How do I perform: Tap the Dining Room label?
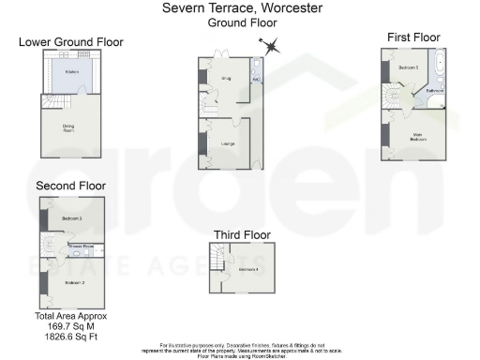point(69,128)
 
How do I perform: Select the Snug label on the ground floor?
point(226,79)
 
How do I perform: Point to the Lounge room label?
point(226,144)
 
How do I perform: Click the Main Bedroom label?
point(417,137)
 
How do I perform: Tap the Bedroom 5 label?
point(408,68)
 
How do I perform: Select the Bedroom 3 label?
point(73,218)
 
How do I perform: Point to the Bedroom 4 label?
point(247,269)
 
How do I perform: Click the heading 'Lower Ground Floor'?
point(70,42)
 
